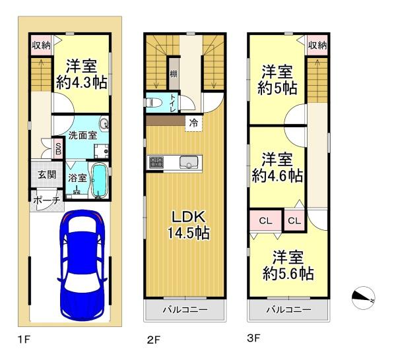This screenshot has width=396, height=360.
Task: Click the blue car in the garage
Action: (82, 266)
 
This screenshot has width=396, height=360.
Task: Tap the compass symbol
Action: (363, 298)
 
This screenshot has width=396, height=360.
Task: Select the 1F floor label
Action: (24, 340)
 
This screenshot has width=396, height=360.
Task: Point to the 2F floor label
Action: (154, 340)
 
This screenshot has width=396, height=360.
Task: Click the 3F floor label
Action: (253, 338)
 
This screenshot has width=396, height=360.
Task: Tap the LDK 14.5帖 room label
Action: (188, 225)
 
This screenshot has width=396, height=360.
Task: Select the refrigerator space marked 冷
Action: (193, 123)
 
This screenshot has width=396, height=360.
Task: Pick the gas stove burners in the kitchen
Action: (156, 162)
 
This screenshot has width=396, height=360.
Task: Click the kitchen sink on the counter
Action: (189, 162)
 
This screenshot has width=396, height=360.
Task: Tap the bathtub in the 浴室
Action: (99, 181)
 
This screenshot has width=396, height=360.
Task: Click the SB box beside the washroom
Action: (58, 148)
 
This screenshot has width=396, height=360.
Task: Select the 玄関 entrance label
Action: (47, 175)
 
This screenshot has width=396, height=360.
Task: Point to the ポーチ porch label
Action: (47, 200)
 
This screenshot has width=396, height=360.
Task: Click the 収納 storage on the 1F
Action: (41, 45)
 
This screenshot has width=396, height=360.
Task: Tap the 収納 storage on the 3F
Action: (317, 45)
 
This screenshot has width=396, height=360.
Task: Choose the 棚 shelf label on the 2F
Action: (173, 74)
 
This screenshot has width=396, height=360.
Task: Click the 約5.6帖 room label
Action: (288, 273)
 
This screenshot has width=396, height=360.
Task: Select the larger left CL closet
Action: (266, 221)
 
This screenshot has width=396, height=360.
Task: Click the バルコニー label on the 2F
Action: (185, 309)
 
